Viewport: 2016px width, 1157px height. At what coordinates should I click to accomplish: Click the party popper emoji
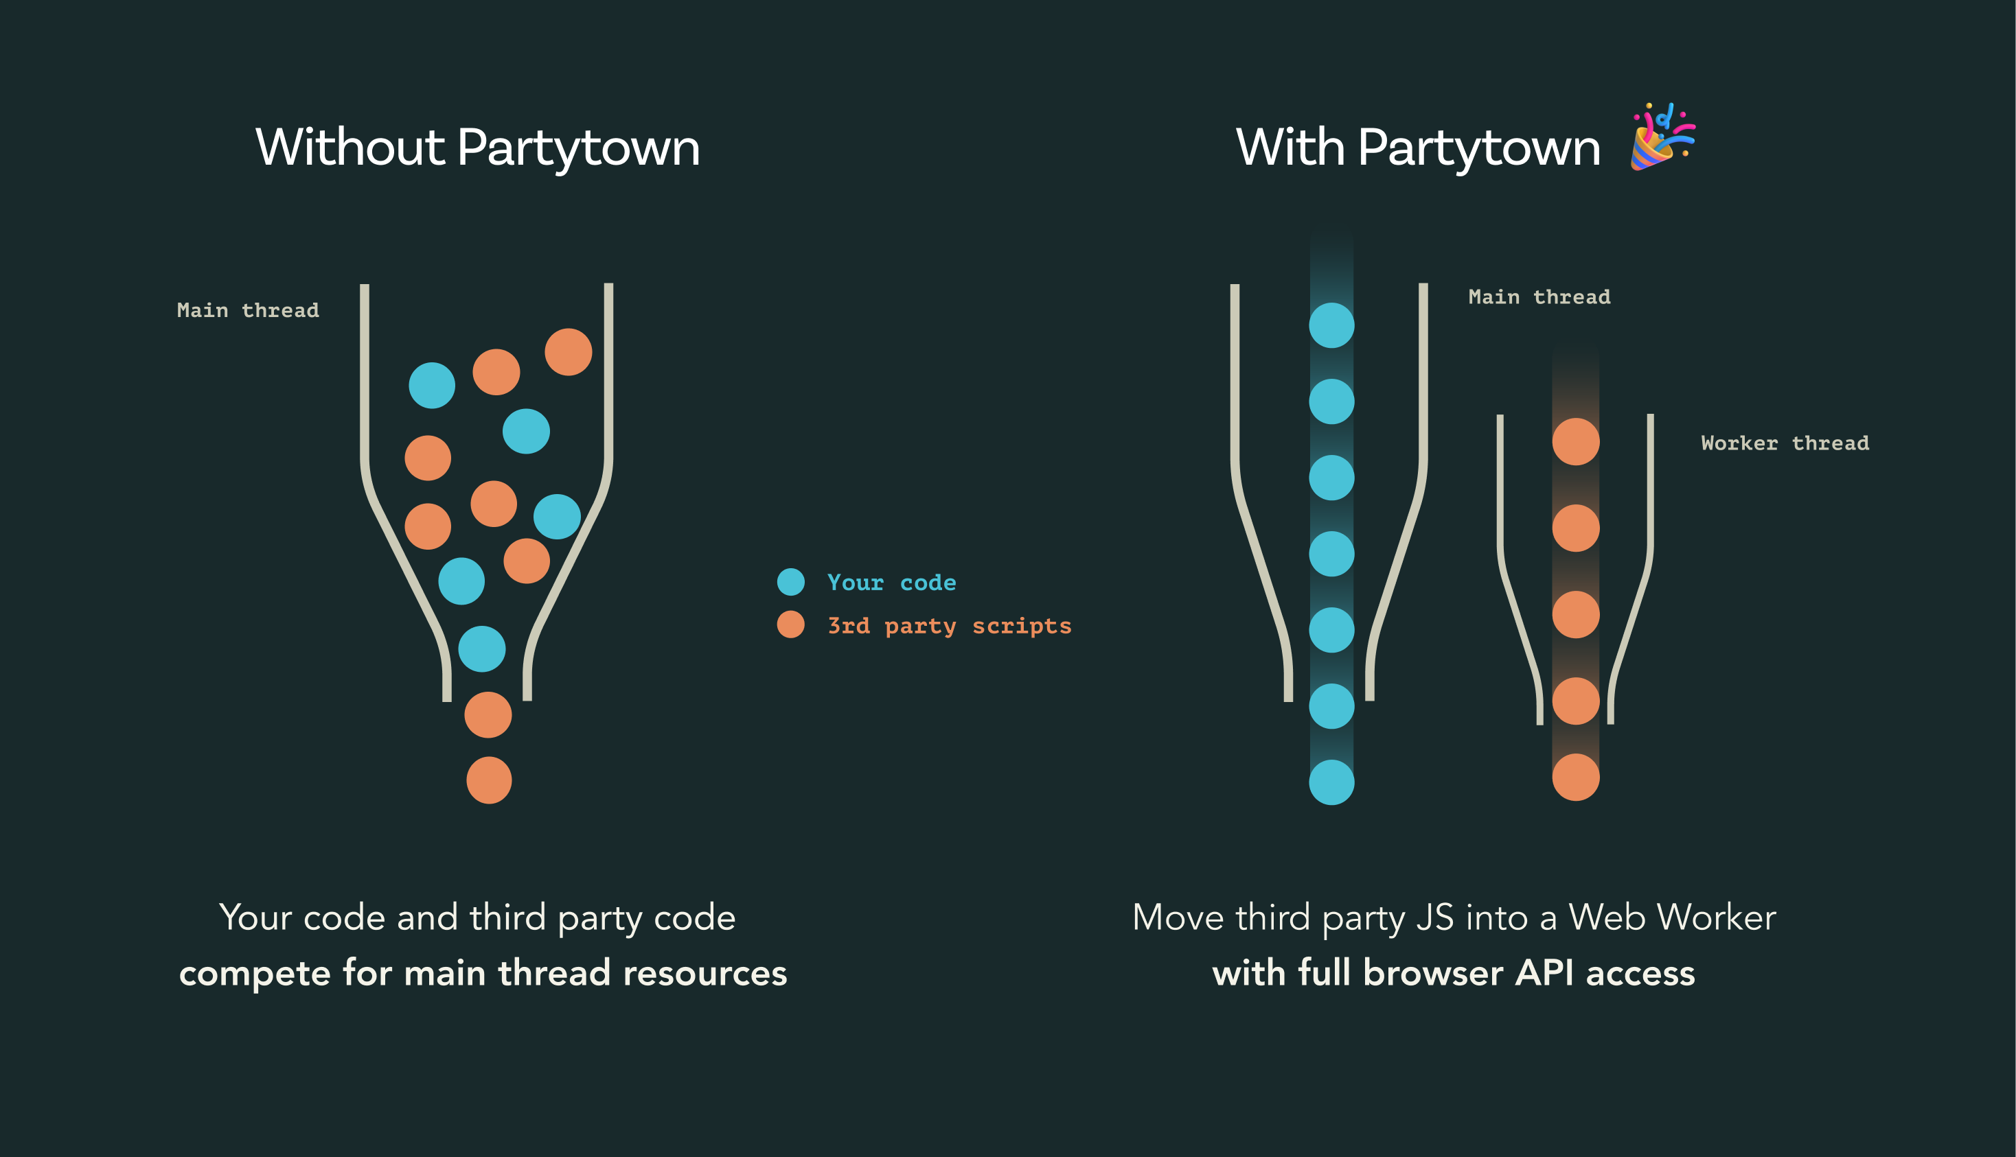1662,137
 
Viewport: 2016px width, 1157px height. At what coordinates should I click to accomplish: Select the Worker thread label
1785,443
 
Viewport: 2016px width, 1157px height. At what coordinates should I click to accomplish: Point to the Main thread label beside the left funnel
248,310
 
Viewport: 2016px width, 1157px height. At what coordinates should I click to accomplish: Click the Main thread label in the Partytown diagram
1539,297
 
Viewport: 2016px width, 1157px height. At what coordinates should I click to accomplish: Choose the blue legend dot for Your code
790,582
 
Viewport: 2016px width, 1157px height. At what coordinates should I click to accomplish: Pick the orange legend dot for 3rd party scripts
790,624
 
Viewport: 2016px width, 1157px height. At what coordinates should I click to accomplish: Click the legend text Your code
891,583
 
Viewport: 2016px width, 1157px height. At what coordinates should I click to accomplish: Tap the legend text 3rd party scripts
949,626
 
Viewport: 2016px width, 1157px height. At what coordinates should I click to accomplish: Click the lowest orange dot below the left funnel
489,780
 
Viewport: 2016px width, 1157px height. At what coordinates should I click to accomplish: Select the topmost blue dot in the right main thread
1331,325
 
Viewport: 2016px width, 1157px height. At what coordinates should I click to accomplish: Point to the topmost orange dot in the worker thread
1576,442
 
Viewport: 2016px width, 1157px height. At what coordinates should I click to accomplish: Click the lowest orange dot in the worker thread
1576,777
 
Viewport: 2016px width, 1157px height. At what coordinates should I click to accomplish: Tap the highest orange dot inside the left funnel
569,351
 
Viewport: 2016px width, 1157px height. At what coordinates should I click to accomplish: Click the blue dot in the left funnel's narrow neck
482,649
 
